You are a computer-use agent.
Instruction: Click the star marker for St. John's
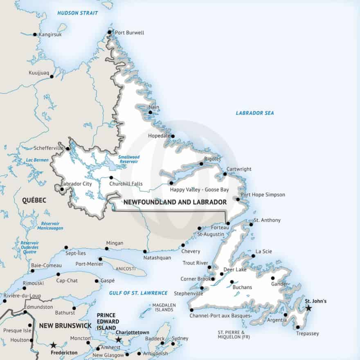pos(308,308)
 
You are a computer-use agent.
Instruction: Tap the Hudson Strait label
pos(78,13)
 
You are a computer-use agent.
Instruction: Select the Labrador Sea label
pos(255,113)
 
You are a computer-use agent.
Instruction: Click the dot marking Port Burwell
pos(110,32)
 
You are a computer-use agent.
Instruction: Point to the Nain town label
pos(154,107)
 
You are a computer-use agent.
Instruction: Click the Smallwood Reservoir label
pos(129,159)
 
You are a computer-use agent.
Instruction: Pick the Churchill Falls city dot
pos(111,178)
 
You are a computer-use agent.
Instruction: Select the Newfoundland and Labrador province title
pos(175,202)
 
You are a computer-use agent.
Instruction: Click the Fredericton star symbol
pos(53,345)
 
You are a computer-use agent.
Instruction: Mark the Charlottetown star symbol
pos(119,340)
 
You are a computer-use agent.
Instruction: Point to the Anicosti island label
pos(126,268)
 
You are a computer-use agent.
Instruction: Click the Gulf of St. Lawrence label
pos(138,293)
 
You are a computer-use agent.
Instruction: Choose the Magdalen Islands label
pos(164,307)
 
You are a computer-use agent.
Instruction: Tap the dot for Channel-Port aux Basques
pos(191,310)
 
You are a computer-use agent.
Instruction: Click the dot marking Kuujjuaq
pos(52,76)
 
